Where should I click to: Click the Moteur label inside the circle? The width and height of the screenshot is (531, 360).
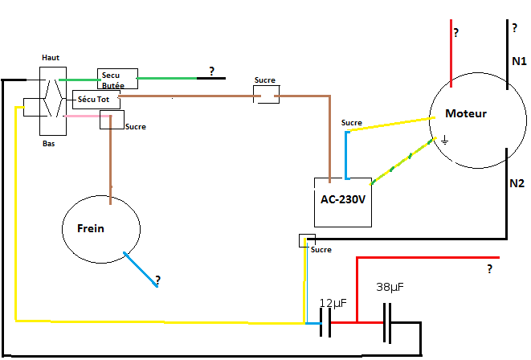pyautogui.click(x=466, y=113)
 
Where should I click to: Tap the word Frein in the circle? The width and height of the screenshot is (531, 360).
pyautogui.click(x=91, y=228)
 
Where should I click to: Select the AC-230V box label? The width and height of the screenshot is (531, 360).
pyautogui.click(x=343, y=199)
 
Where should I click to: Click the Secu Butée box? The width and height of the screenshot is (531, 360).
pyautogui.click(x=117, y=79)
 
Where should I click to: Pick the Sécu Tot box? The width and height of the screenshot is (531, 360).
pyautogui.click(x=96, y=100)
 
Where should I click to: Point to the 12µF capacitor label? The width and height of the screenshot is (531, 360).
pyautogui.click(x=333, y=303)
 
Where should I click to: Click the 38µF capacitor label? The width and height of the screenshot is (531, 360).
pyautogui.click(x=390, y=287)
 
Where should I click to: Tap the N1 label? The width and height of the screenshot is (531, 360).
pyautogui.click(x=519, y=61)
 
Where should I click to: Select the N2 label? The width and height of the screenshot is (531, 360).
pyautogui.click(x=517, y=183)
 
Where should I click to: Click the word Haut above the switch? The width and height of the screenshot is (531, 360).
pyautogui.click(x=51, y=58)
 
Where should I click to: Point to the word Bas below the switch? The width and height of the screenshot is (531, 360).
pyautogui.click(x=48, y=144)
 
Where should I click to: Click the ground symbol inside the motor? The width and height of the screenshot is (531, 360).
pyautogui.click(x=445, y=140)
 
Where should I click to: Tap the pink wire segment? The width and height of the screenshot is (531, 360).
pyautogui.click(x=88, y=117)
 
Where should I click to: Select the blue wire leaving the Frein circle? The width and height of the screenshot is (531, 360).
pyautogui.click(x=141, y=269)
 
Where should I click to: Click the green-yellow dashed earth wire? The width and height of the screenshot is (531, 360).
pyautogui.click(x=403, y=161)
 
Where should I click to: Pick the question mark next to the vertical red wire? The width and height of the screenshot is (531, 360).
pyautogui.click(x=456, y=33)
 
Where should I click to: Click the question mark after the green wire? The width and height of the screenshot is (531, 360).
pyautogui.click(x=211, y=72)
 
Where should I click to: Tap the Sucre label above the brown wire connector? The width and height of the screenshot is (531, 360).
pyautogui.click(x=265, y=80)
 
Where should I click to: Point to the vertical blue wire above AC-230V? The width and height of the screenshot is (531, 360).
pyautogui.click(x=346, y=155)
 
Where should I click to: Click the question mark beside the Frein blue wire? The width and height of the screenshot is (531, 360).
pyautogui.click(x=157, y=280)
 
